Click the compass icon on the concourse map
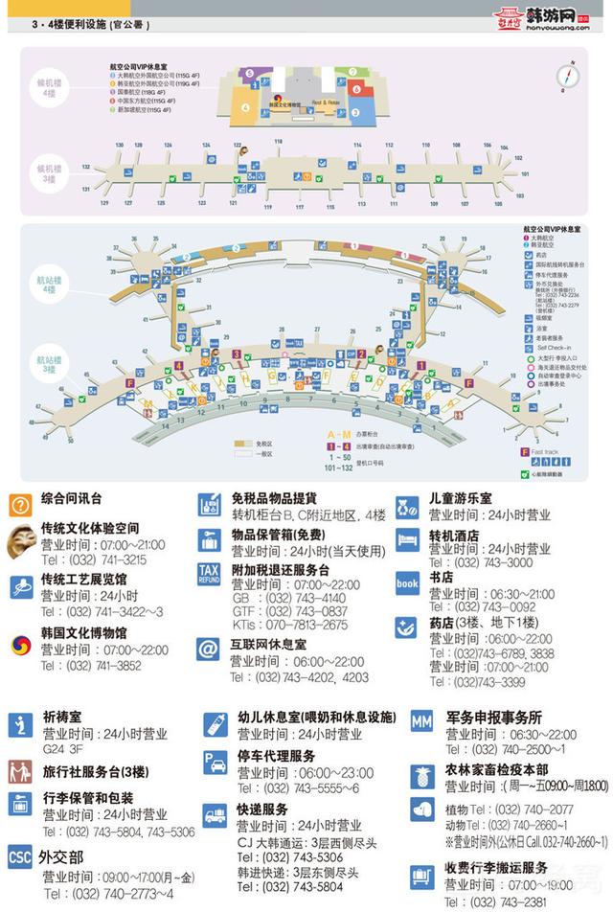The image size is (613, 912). [x=568, y=76]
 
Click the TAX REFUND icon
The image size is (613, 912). [x=210, y=575]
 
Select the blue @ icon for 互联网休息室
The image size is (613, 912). [x=209, y=650]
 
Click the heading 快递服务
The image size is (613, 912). [x=262, y=809]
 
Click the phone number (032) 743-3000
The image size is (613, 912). [x=467, y=563]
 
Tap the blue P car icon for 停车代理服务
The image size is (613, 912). [x=215, y=763]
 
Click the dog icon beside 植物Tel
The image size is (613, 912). [x=422, y=810]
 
